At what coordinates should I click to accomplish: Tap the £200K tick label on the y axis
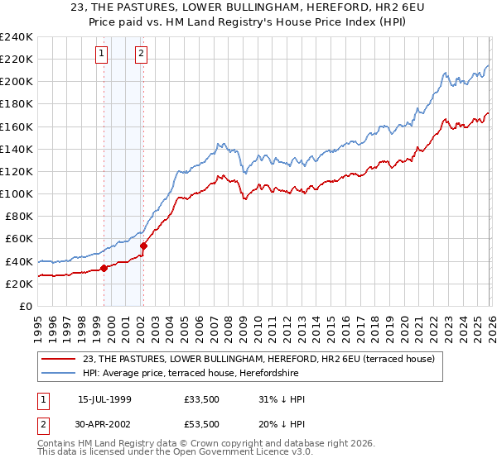(x=17, y=82)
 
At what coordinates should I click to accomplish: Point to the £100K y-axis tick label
(x=17, y=193)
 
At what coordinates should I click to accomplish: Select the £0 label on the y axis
(x=26, y=306)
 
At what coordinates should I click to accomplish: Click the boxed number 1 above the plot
(x=101, y=54)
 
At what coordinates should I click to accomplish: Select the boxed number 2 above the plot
(x=142, y=54)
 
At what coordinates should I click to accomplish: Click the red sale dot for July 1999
(x=104, y=268)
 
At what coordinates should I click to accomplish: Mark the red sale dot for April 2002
(x=144, y=246)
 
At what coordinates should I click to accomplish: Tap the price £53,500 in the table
(x=202, y=423)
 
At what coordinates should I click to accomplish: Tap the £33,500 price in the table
(x=202, y=399)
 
